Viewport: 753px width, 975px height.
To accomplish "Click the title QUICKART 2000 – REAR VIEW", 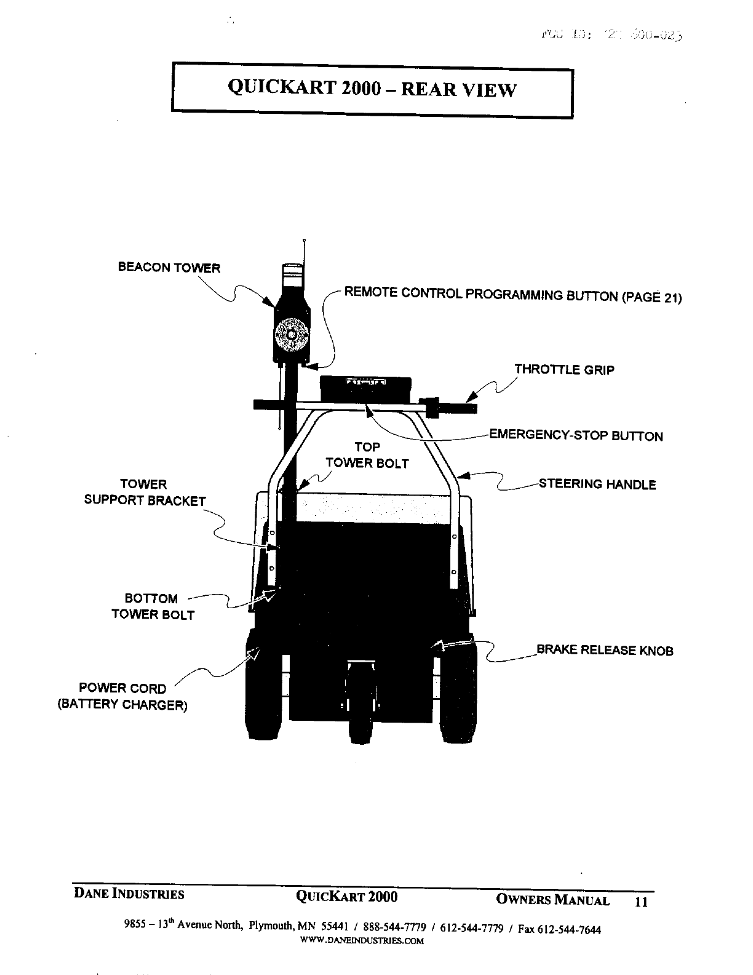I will pyautogui.click(x=372, y=90).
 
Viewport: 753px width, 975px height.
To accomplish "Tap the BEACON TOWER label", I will pyautogui.click(x=169, y=268).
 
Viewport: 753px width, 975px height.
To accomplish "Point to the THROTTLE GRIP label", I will pyautogui.click(x=564, y=370).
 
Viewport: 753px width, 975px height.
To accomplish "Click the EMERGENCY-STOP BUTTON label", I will pyautogui.click(x=576, y=436).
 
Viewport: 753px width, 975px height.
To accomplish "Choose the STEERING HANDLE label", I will pyautogui.click(x=597, y=484).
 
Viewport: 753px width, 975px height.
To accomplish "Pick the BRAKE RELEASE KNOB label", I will pyautogui.click(x=605, y=651).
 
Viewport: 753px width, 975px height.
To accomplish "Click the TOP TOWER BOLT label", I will pyautogui.click(x=367, y=455).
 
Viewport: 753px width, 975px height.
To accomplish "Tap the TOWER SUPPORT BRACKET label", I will pyautogui.click(x=145, y=492).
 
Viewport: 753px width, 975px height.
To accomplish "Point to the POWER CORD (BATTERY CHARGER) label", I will pyautogui.click(x=122, y=696).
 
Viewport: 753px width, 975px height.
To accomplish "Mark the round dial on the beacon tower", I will pyautogui.click(x=290, y=334).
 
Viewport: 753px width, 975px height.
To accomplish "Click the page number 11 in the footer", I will pyautogui.click(x=641, y=902).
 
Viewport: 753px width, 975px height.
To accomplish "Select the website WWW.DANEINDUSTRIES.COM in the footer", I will pyautogui.click(x=362, y=941).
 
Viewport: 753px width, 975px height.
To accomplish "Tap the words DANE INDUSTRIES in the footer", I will pyautogui.click(x=129, y=894).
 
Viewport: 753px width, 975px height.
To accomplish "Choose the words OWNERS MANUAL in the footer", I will pyautogui.click(x=552, y=901).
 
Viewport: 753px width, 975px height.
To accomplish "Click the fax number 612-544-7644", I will pyautogui.click(x=569, y=929).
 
